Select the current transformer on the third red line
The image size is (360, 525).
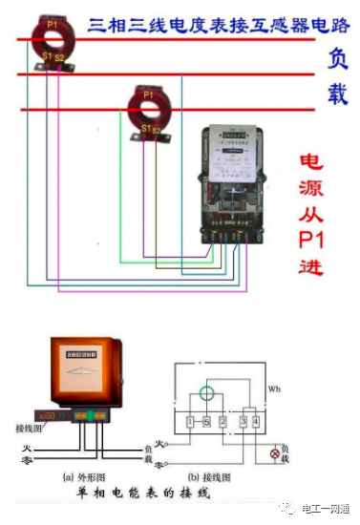148,110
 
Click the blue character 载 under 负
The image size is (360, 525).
336,94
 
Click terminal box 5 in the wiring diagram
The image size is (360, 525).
205,421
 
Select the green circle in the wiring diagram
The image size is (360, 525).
205,392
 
